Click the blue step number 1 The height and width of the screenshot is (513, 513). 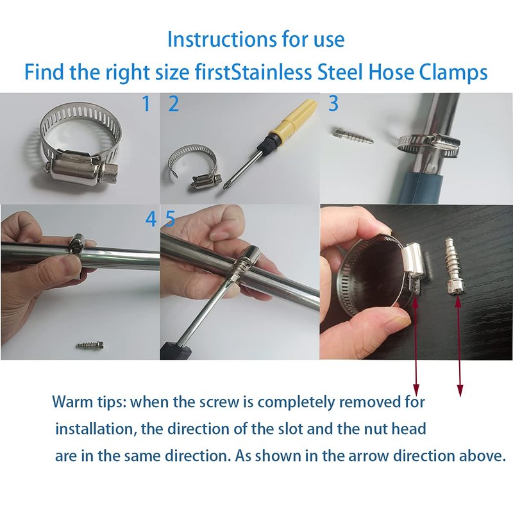coord(147,104)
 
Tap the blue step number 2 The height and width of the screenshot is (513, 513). coord(173,104)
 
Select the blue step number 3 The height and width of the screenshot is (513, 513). coord(333,103)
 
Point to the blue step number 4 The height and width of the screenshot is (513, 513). coord(151,219)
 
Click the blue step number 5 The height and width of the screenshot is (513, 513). coord(171,219)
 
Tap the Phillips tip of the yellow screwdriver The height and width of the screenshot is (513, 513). coord(226,185)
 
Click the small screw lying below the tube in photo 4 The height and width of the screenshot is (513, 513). coord(92,345)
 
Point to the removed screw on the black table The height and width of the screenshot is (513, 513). coord(454,267)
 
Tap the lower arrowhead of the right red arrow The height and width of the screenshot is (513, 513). coord(460,390)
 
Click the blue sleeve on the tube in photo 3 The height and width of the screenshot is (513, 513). coord(421,187)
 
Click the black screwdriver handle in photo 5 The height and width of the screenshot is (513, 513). coord(175,350)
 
